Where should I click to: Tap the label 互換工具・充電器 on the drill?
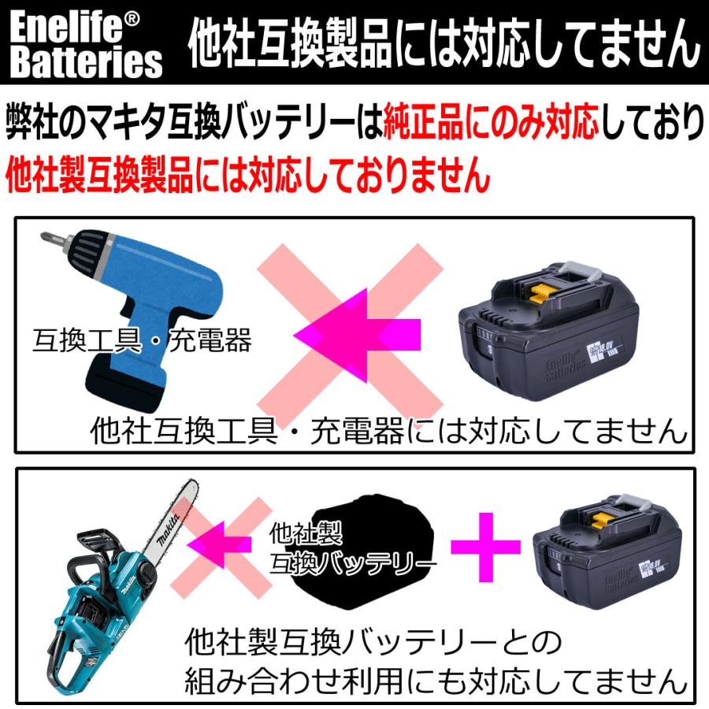(142, 341)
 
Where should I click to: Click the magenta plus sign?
(486, 545)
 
